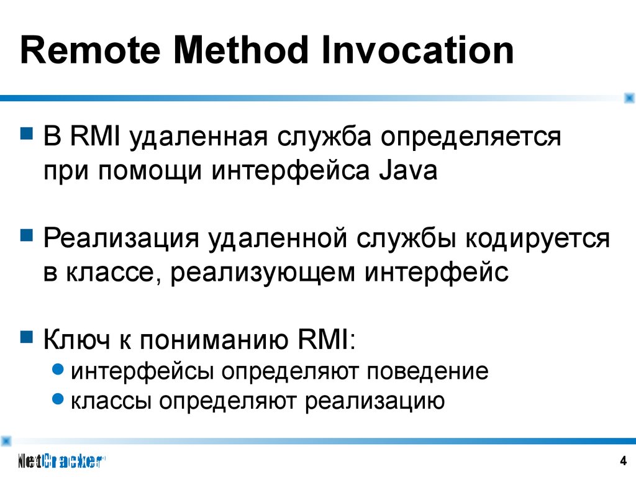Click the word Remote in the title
(90, 50)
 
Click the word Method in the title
(240, 50)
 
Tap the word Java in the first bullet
(408, 170)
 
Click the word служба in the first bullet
(324, 137)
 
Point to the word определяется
(471, 137)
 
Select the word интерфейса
(291, 171)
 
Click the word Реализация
(121, 238)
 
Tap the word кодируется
(537, 238)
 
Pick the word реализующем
(263, 273)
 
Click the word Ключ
(76, 339)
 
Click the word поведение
(427, 371)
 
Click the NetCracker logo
(61, 461)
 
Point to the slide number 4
(624, 461)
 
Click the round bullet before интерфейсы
(58, 369)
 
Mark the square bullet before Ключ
(27, 337)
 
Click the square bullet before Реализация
(27, 235)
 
